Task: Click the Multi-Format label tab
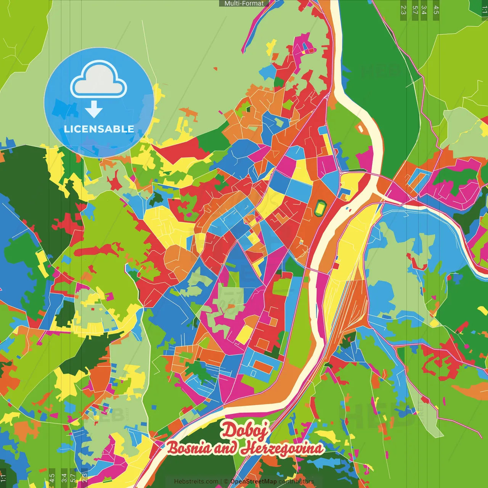tap(244, 3)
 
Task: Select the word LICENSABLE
tap(99, 129)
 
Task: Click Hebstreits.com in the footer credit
tap(196, 482)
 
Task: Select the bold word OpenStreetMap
tap(254, 482)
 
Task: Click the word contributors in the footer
tap(296, 482)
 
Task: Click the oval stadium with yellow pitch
tap(319, 208)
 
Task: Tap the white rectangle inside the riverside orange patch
tap(360, 128)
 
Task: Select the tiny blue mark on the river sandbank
tap(348, 209)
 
